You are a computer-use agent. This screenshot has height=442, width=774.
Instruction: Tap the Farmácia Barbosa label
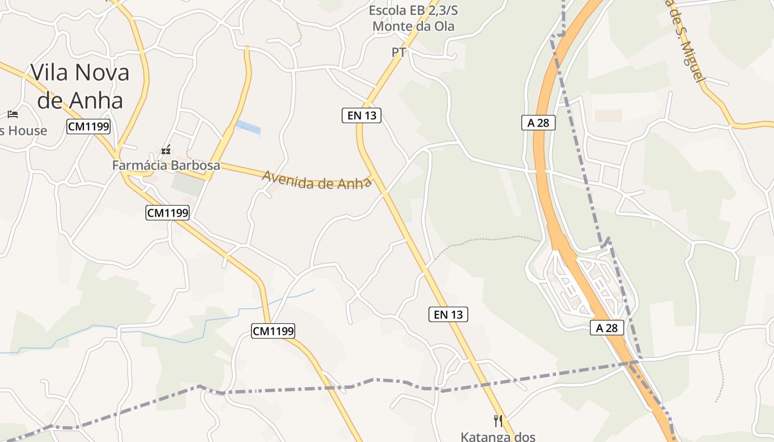[x=166, y=165]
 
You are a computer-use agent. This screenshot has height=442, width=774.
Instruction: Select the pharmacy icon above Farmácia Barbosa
[x=165, y=150]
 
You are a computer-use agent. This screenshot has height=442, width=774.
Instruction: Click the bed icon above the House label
[x=13, y=114]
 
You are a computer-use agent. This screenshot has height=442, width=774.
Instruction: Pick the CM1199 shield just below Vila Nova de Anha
[x=88, y=127]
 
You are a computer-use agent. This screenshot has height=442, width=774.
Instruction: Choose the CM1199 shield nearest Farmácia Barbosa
[x=168, y=212]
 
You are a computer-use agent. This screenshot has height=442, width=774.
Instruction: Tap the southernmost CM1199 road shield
[x=273, y=331]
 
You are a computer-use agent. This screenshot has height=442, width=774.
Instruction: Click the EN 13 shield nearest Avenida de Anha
[x=361, y=115]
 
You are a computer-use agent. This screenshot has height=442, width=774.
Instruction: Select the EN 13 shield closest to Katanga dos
[x=448, y=314]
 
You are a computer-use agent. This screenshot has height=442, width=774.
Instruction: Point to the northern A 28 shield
[x=538, y=123]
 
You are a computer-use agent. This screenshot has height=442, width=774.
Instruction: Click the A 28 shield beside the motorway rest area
[x=606, y=328]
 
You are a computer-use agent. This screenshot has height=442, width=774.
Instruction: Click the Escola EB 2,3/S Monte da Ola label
[x=413, y=18]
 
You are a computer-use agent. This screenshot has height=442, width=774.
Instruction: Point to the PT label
[x=399, y=52]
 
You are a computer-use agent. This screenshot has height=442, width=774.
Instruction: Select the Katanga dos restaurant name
[x=498, y=436]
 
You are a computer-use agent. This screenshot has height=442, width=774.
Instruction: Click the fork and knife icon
[x=498, y=421]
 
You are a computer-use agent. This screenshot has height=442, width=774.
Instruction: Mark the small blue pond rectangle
[x=248, y=128]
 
